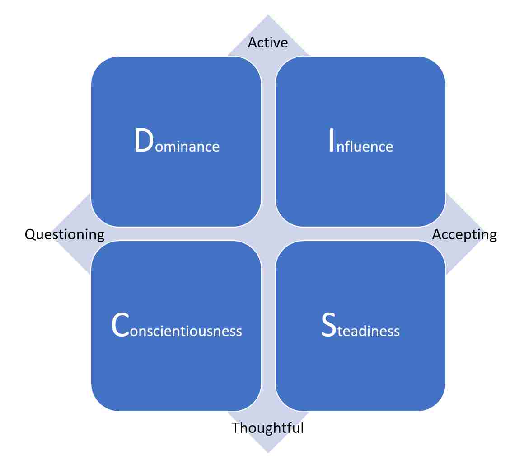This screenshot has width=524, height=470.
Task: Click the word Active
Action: point(268,43)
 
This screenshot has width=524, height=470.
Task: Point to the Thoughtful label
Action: point(268,427)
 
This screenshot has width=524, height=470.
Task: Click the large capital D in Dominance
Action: point(144,141)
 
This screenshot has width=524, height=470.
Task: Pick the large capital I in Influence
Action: point(332,141)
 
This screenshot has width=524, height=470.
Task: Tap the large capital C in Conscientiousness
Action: point(120,325)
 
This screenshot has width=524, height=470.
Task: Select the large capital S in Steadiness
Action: point(328,325)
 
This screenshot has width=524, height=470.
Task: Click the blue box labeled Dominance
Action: point(176,141)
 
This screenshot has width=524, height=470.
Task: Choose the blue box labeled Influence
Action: point(360,141)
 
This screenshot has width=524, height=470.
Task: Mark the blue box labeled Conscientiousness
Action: point(176,326)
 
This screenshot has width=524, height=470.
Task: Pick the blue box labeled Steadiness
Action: point(360,326)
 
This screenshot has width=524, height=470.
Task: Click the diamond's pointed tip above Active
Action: point(268,15)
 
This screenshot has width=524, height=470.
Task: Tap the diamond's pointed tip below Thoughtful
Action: point(268,453)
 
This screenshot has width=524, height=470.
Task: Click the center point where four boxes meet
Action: point(268,234)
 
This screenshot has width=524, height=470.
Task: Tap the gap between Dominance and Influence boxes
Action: point(268,141)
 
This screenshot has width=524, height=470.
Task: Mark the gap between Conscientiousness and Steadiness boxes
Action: point(268,326)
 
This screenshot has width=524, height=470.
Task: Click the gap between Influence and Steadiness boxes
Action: point(360,234)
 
